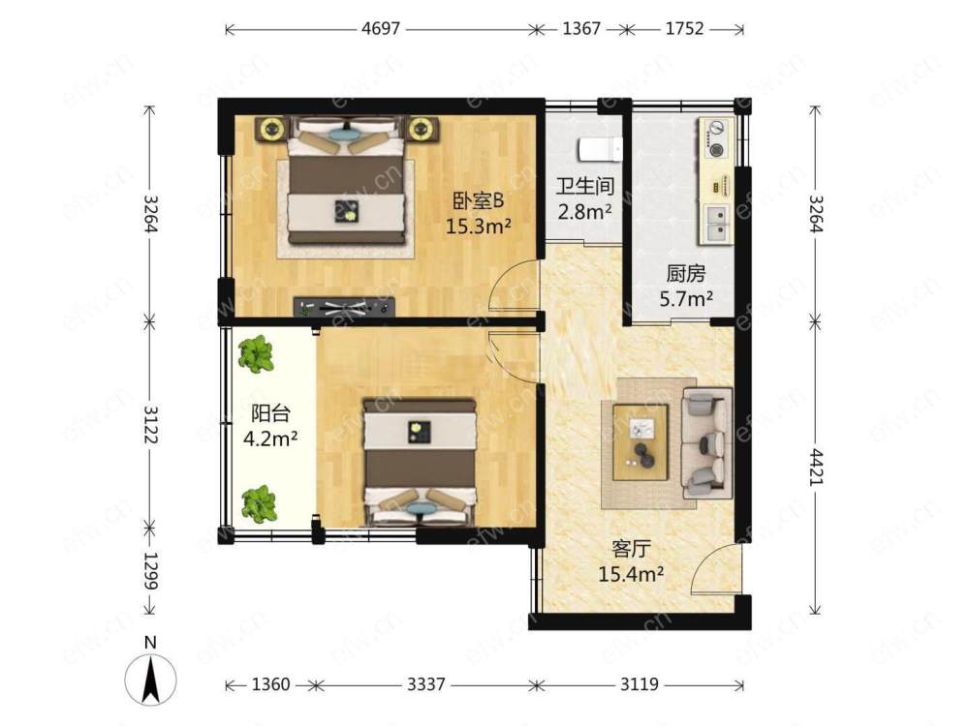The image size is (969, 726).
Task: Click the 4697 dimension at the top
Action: tap(381, 29)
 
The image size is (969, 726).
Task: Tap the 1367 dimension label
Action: tap(580, 29)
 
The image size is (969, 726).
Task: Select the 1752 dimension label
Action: tap(684, 29)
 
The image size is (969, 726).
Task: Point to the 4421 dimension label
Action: tap(816, 468)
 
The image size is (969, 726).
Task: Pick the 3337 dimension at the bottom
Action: tap(425, 684)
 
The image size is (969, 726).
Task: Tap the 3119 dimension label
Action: tap(639, 684)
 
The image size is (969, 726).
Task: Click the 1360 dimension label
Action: tap(270, 684)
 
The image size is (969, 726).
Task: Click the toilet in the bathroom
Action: tap(600, 149)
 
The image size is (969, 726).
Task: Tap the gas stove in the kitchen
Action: tap(717, 138)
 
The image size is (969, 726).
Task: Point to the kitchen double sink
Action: tap(717, 224)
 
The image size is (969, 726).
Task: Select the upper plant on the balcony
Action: tap(256, 353)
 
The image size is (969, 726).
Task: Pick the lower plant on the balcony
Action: tap(259, 503)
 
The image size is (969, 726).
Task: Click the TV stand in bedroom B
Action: tap(344, 307)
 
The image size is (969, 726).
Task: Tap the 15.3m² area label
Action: tap(479, 227)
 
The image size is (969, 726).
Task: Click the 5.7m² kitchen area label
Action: tap(687, 299)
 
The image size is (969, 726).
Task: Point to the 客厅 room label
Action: tap(631, 548)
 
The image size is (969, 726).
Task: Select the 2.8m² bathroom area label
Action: tap(584, 212)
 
